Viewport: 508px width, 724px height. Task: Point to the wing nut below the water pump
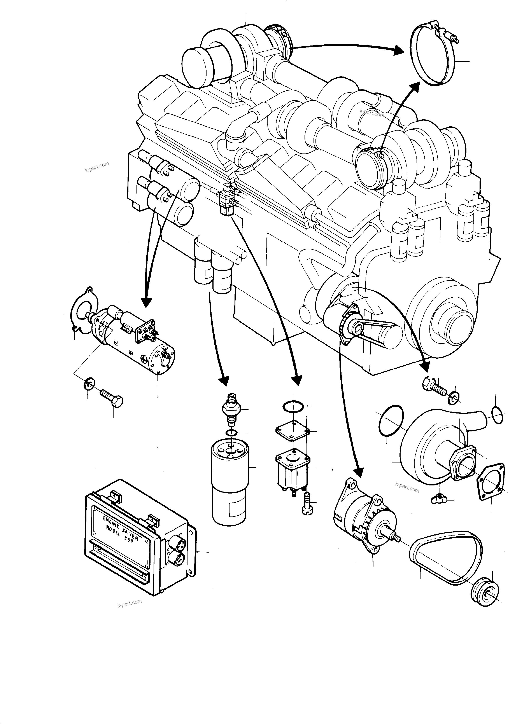tap(439, 499)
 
